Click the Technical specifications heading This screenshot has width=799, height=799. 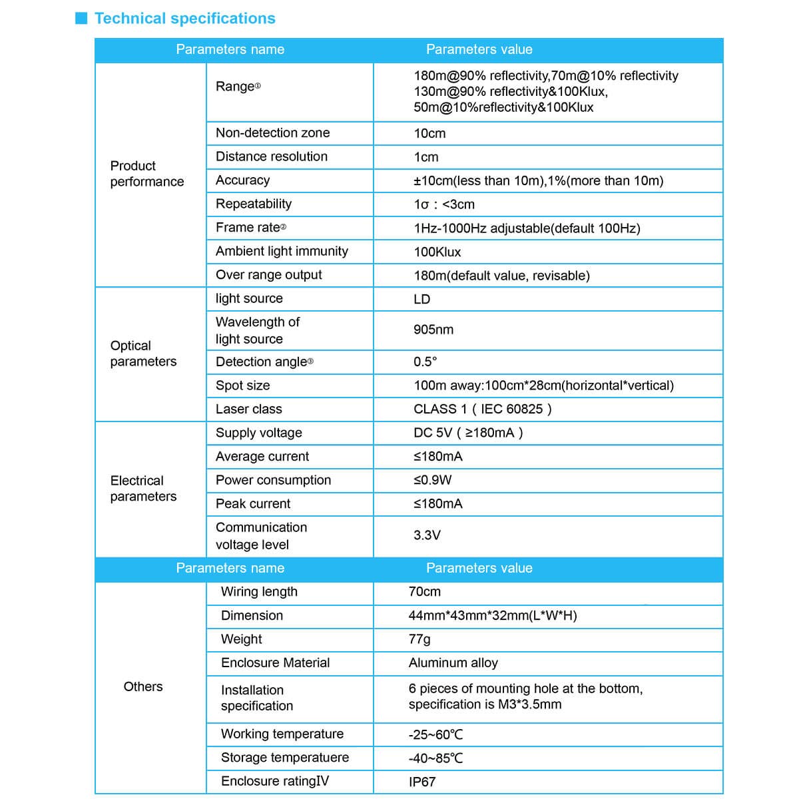coord(184,19)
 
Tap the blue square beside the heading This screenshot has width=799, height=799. coord(81,18)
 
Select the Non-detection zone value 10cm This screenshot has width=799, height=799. coord(429,133)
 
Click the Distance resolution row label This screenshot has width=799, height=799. coord(272,156)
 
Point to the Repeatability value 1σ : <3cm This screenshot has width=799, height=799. coord(444,204)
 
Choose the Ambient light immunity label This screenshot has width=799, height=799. coord(282,251)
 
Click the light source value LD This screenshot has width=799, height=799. coord(422,299)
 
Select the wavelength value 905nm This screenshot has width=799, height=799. coord(433,330)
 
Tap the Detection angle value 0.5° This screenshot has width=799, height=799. coord(425,362)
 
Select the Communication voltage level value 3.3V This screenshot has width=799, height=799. coord(427,535)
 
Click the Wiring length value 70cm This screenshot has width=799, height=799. coord(425,591)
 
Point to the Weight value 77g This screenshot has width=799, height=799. coord(419,639)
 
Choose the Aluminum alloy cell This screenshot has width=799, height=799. coord(453,663)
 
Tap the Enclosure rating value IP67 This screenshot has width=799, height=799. coord(422,782)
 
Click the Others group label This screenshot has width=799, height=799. coord(143,686)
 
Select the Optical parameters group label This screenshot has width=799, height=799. coord(143,354)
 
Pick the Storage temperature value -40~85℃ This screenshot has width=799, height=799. coord(435,758)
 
